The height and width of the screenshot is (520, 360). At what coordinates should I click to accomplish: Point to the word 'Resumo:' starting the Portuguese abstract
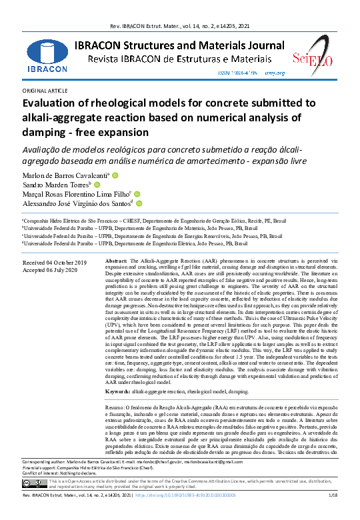[119, 387]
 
